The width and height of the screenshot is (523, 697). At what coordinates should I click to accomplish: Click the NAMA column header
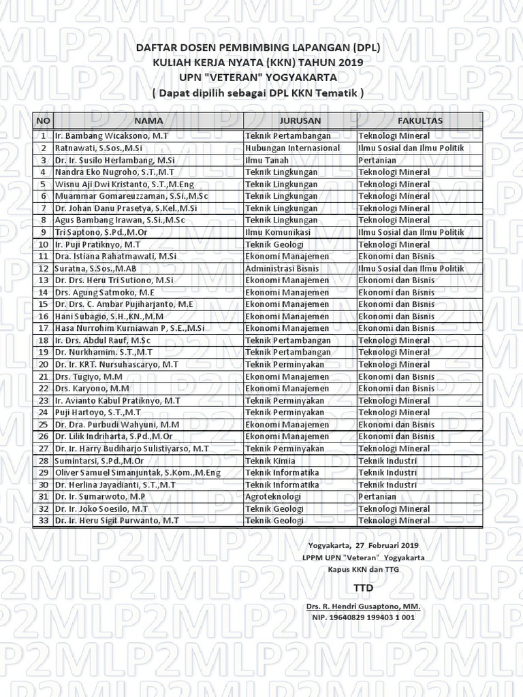click(x=148, y=120)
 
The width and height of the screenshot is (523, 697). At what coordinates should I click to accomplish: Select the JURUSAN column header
click(x=300, y=120)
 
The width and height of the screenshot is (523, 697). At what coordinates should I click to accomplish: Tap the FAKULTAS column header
click(x=419, y=120)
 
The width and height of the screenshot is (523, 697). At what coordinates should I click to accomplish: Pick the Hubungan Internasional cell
click(x=292, y=148)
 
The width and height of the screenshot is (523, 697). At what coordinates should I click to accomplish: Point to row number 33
click(x=43, y=521)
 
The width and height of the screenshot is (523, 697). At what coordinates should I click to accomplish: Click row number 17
click(x=43, y=328)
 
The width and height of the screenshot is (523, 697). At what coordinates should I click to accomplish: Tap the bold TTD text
click(x=364, y=587)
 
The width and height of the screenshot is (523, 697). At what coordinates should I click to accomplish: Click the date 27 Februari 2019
click(x=384, y=545)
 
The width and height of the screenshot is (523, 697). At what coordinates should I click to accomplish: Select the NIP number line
click(x=364, y=617)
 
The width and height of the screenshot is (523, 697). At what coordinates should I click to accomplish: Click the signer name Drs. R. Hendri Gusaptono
click(x=364, y=606)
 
